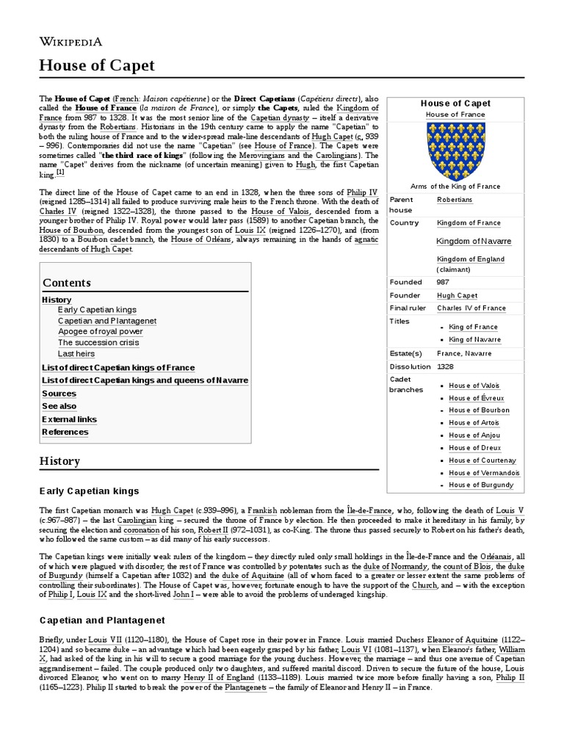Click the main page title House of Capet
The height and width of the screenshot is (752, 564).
[97, 66]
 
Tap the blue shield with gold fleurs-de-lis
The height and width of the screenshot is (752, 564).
[455, 151]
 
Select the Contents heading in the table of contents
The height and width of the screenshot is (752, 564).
[67, 283]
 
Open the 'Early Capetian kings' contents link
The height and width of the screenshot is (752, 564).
[97, 311]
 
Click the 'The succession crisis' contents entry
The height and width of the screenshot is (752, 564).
[98, 343]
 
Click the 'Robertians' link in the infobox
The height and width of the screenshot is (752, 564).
[455, 200]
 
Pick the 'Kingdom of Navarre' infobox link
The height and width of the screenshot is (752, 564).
[474, 242]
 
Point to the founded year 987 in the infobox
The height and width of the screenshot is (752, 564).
[443, 282]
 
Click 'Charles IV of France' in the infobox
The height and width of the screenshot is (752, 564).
[471, 308]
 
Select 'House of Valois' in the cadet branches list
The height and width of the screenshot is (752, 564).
[474, 386]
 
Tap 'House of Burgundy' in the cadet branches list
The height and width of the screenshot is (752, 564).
[481, 485]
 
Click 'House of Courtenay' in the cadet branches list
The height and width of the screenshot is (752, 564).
[483, 460]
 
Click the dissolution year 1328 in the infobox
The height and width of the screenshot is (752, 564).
[445, 366]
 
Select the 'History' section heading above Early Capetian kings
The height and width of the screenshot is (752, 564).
[61, 461]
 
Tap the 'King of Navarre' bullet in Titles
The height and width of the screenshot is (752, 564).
[474, 340]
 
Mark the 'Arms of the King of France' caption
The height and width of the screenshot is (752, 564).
[455, 187]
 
